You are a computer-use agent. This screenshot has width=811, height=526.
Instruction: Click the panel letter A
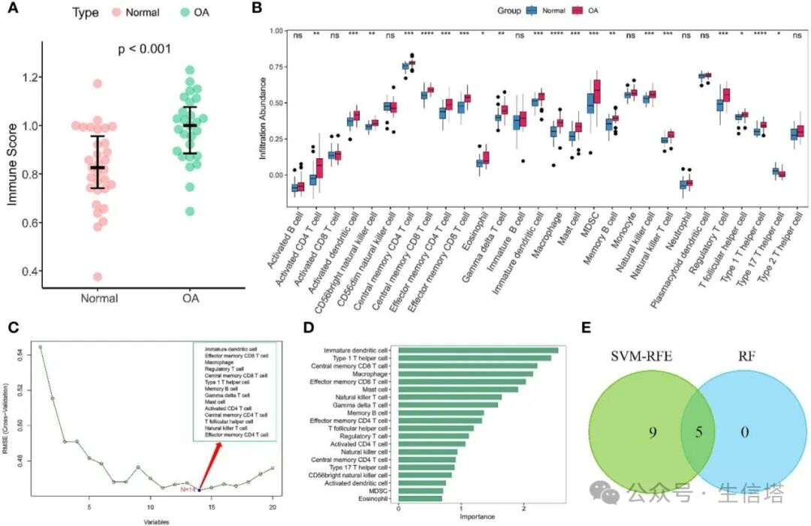(13, 11)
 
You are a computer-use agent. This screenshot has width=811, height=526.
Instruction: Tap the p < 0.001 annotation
(145, 49)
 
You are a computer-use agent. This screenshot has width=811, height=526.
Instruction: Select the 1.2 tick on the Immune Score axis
(31, 77)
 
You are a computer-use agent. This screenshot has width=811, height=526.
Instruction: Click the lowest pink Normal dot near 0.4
(98, 277)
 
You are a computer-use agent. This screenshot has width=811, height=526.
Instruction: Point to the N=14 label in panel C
(188, 488)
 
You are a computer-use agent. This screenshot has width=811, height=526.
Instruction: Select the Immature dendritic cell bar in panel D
(478, 350)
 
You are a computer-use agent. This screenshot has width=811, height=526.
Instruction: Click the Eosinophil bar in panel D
(420, 497)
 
